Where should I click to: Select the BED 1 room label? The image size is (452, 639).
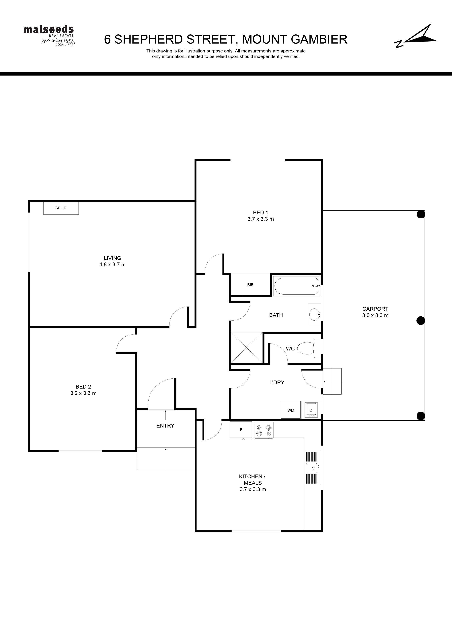point(260,212)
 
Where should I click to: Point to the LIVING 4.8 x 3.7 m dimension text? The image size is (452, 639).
point(112,264)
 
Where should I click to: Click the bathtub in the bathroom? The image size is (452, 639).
point(297,286)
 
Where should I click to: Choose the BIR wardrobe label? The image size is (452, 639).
point(250,285)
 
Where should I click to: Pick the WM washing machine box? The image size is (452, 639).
point(291,410)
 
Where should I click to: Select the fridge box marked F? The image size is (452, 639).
point(241,430)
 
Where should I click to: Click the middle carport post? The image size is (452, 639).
point(420,321)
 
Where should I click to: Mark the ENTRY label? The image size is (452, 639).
point(165,426)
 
